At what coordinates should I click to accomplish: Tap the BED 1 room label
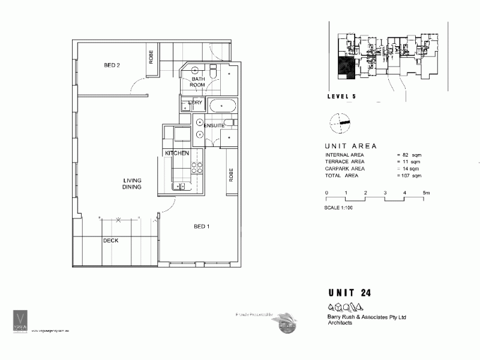pos(202,226)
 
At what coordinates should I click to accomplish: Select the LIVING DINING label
pos(132,183)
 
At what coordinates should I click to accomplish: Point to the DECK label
pos(110,241)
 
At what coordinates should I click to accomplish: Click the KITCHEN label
pos(178,154)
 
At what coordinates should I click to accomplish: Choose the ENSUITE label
pos(214,126)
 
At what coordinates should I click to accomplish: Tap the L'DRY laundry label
pos(196,103)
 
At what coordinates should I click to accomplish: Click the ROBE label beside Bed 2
pos(151,56)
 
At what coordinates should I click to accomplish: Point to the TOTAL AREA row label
pos(344,176)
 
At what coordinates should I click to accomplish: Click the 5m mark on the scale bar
pos(426,193)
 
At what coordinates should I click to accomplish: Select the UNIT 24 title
pos(350,293)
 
